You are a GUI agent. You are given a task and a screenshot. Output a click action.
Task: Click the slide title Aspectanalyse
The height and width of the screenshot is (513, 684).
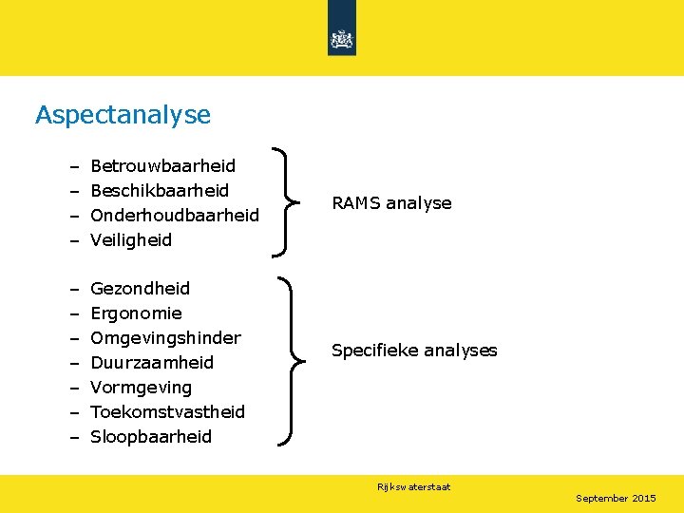click(123, 115)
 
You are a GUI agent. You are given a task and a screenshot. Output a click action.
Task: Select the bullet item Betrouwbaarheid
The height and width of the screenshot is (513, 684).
click(162, 166)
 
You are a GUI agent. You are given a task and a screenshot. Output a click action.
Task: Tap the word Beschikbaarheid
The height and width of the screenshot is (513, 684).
click(159, 191)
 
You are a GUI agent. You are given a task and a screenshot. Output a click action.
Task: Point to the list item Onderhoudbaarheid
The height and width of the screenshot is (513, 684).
click(174, 216)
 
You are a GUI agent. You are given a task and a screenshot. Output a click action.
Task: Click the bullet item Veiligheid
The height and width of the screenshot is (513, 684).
click(131, 240)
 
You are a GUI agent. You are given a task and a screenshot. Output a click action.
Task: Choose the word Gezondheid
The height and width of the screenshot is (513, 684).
click(140, 288)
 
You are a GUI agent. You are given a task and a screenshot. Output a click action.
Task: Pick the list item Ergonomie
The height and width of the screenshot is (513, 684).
click(136, 313)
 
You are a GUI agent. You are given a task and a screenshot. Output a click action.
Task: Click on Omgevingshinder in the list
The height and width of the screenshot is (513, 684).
click(165, 337)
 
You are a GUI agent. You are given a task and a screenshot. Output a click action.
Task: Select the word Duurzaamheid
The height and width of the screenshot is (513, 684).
click(152, 362)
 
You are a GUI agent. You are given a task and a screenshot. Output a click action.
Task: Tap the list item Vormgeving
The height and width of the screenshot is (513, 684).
click(141, 388)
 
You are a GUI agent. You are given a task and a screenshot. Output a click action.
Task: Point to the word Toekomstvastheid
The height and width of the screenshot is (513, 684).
click(167, 411)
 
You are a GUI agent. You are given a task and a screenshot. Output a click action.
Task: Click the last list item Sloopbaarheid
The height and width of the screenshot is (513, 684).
click(151, 437)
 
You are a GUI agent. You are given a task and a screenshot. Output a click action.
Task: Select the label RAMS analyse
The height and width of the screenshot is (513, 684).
click(391, 202)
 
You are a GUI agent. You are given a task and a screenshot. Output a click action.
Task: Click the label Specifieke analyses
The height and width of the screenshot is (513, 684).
click(414, 351)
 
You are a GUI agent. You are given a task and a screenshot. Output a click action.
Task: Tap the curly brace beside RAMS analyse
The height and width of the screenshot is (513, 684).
click(285, 201)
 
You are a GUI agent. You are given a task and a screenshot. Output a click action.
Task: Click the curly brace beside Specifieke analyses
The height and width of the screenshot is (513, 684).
click(291, 361)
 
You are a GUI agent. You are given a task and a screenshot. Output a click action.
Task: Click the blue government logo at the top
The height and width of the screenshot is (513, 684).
click(342, 38)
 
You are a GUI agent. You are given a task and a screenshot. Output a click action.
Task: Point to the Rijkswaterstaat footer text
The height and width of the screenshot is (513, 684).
click(413, 486)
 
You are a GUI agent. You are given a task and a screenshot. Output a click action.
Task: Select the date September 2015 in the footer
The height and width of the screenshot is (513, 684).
click(616, 498)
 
